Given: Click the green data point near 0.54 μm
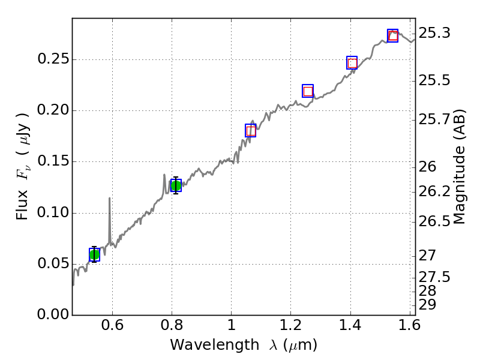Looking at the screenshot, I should [94, 254].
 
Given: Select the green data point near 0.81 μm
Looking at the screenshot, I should [176, 185].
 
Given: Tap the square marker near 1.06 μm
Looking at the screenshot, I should [251, 130].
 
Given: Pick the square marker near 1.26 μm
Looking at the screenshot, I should [308, 91].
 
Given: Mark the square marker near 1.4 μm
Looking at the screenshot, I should [352, 63].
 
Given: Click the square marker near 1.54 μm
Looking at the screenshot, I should [393, 36].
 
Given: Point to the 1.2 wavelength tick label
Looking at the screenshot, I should [290, 328].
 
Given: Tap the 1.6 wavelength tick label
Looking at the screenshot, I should [409, 328].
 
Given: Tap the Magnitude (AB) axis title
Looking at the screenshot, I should [460, 166].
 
